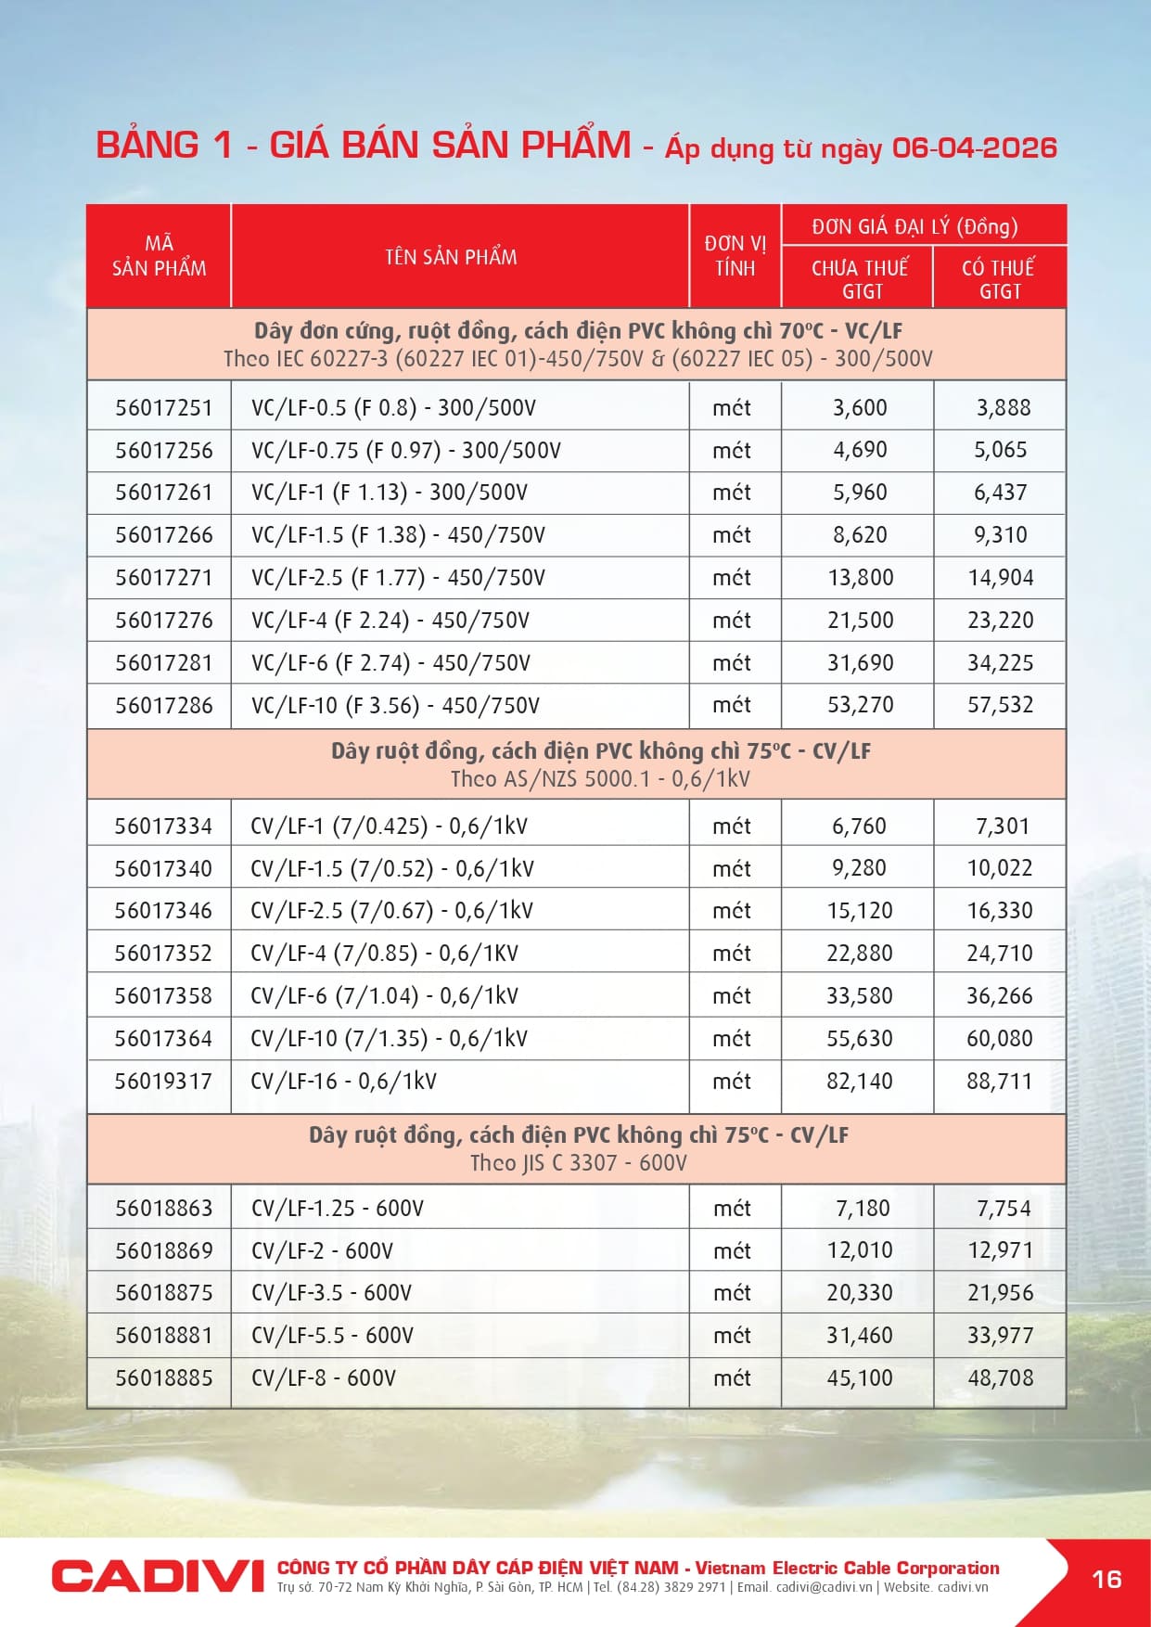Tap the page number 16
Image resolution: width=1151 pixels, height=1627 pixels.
point(1106,1579)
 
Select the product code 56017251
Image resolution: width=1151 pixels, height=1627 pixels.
point(163,408)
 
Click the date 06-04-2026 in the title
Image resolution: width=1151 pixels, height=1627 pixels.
point(974,147)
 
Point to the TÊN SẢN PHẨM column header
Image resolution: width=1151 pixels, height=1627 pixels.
point(451,257)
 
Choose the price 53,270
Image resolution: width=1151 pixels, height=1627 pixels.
point(860,705)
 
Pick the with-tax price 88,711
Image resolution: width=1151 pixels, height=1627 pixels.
point(999,1081)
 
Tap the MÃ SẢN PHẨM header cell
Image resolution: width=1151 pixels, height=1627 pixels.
point(159,256)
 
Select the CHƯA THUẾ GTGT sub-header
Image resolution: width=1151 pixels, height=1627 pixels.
point(860,279)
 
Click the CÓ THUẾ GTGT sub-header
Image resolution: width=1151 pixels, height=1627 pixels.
point(998,279)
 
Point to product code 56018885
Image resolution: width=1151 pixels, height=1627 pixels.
point(163,1377)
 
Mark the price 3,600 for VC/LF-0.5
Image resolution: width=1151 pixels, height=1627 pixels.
point(860,408)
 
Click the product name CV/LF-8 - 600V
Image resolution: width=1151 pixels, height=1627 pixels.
point(324,1377)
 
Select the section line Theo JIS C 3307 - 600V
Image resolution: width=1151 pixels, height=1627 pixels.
point(578,1163)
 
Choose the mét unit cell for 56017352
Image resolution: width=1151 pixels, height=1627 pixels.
point(731,953)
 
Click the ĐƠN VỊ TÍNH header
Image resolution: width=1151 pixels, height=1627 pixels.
point(735,256)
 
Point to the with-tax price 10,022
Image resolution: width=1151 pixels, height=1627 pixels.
point(999,868)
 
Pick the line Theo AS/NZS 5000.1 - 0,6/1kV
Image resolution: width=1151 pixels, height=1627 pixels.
point(600,779)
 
